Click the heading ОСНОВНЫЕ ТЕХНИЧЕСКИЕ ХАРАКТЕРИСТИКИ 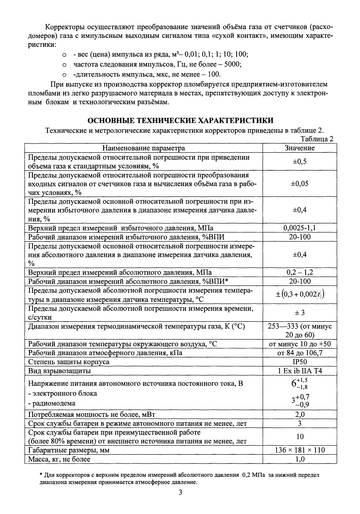(180, 120)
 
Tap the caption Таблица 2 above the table (317, 139)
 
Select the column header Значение (299, 148)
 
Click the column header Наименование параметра (143, 148)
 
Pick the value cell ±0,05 (299, 184)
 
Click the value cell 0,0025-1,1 (299, 228)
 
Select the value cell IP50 (299, 362)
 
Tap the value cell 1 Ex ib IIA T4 (299, 371)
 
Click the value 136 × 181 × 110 (299, 450)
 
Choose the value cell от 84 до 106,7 (299, 353)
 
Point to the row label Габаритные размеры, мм (69, 450)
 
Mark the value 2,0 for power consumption (299, 414)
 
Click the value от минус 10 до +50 (299, 344)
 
